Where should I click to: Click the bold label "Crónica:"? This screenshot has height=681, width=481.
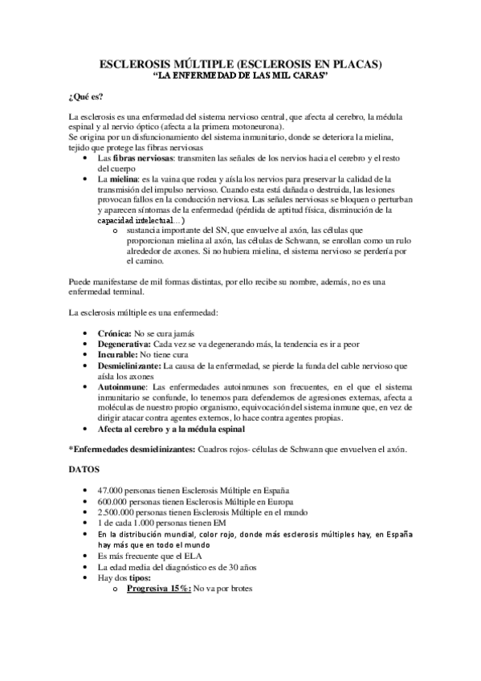point(115,333)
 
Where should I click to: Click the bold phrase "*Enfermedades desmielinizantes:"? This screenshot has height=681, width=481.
point(132,450)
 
